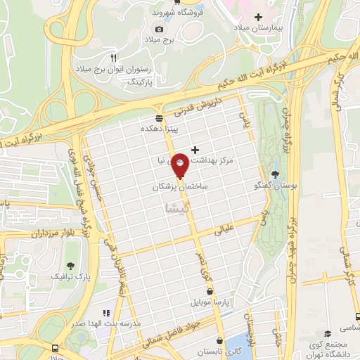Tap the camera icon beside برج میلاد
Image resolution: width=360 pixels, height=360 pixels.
tap(160, 29)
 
